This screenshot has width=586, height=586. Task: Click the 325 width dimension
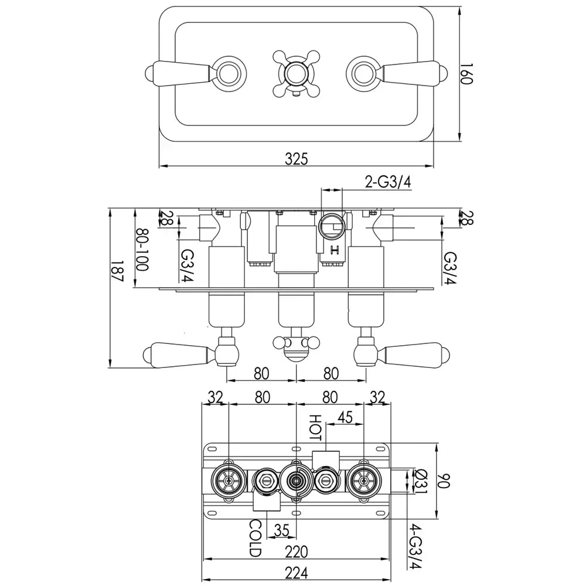297,158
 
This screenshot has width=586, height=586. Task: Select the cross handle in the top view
297,74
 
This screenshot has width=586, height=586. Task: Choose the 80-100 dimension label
142,249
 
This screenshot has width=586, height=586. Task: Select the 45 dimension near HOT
345,417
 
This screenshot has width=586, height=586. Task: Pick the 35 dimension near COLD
281,530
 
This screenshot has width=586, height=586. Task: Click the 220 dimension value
297,551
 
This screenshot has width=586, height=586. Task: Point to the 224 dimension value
297,572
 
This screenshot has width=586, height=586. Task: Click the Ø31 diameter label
420,481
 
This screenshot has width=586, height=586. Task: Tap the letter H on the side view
335,250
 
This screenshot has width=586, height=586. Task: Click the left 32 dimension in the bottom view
215,397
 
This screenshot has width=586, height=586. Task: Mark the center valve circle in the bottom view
297,481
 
